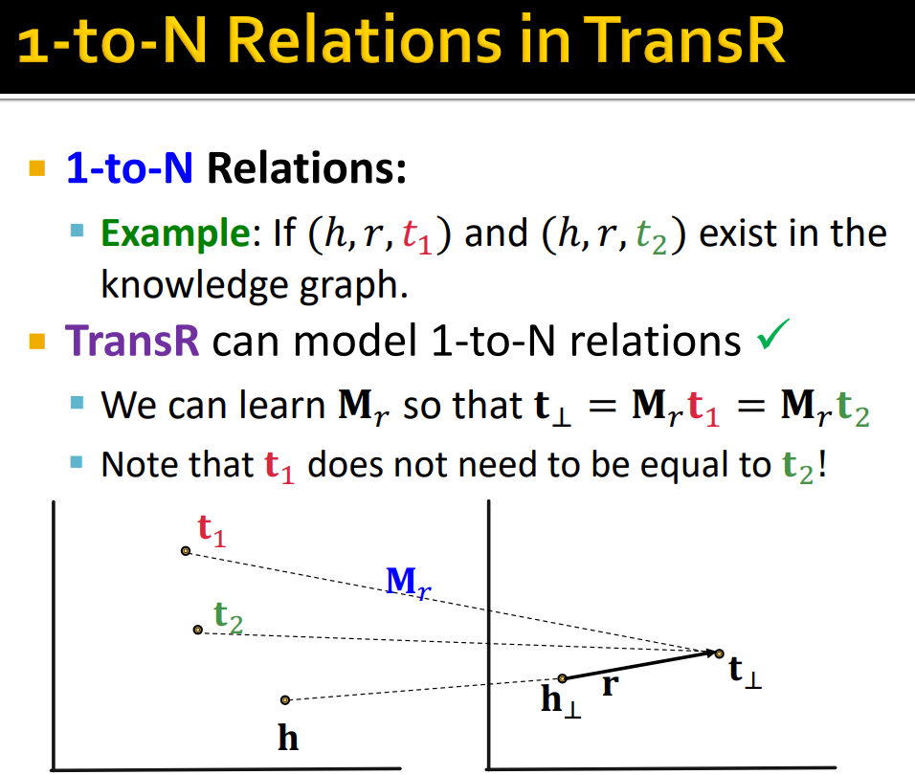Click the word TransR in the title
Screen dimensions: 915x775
[684, 39]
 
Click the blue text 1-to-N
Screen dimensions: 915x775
[129, 168]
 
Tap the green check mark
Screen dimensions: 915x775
[773, 334]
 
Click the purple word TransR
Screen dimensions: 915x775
[132, 341]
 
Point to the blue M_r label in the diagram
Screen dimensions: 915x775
[409, 582]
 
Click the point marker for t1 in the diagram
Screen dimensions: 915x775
[186, 551]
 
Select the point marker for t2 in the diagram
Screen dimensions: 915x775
[198, 630]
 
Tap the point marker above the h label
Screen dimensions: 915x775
[285, 699]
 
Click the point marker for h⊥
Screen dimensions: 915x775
[562, 678]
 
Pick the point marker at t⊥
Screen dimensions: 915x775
[720, 653]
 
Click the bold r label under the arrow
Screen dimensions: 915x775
[610, 685]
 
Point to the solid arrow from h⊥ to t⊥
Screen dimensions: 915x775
[640, 666]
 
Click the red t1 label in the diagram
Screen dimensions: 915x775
[212, 530]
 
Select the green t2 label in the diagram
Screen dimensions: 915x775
[228, 617]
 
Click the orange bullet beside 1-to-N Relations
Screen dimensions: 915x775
[37, 168]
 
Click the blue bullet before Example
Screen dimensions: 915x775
[77, 230]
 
